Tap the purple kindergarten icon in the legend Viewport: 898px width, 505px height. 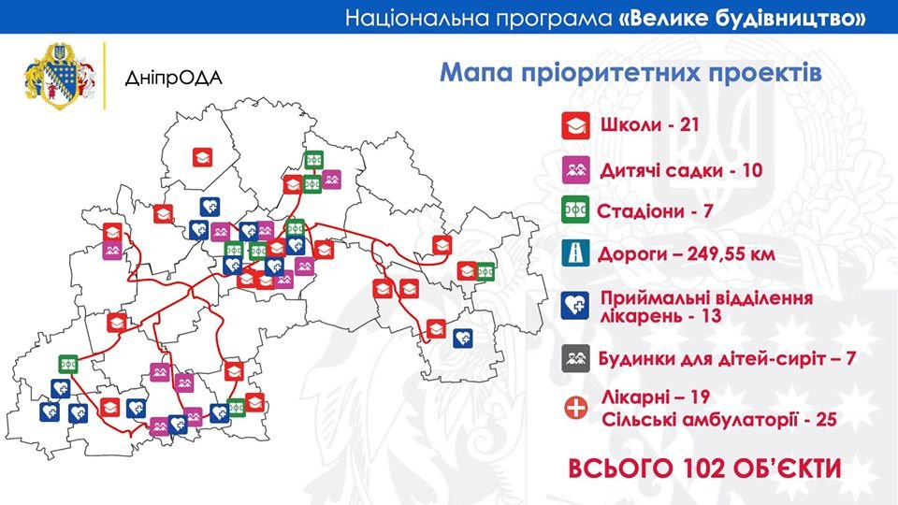pyautogui.click(x=572, y=169)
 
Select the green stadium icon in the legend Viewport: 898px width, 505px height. pyautogui.click(x=572, y=212)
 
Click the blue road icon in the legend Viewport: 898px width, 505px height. pyautogui.click(x=572, y=254)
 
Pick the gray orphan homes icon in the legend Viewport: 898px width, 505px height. pyautogui.click(x=572, y=358)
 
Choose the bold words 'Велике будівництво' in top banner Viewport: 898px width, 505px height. pyautogui.click(x=741, y=18)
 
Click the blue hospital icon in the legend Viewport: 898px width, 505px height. pyautogui.click(x=572, y=305)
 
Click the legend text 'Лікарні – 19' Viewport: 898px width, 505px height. pyautogui.click(x=658, y=397)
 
